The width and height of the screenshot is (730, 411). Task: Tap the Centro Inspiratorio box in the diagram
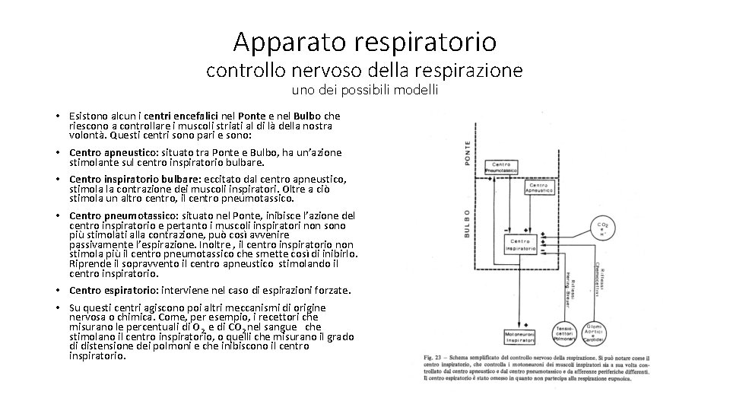(x=519, y=244)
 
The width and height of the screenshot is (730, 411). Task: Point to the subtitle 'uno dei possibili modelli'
(x=364, y=90)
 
